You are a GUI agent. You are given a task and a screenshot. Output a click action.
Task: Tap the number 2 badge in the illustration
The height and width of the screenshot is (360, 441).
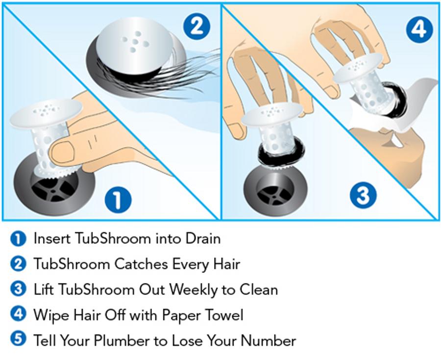coord(196,25)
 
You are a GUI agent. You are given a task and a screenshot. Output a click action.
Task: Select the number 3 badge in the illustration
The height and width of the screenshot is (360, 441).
coord(363,196)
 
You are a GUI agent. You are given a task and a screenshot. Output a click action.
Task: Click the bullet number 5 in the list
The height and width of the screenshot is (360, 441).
coord(18,339)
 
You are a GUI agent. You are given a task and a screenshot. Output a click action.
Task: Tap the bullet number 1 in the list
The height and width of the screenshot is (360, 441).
coord(18,239)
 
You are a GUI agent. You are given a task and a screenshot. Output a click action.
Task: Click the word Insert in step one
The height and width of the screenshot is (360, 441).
coord(52,238)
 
